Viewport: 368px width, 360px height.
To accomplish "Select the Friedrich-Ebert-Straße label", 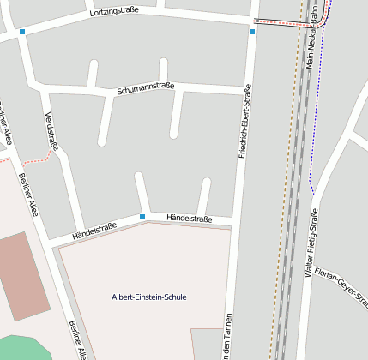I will (244, 121).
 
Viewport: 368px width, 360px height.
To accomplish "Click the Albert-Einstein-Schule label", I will (148, 297).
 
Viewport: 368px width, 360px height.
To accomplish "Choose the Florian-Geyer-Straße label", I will (341, 286).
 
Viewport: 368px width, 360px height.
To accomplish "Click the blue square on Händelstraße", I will (142, 217).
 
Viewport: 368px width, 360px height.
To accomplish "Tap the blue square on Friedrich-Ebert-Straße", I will (252, 32).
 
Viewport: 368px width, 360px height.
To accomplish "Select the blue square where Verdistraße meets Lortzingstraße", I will (22, 32).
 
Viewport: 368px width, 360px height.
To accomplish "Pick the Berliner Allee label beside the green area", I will (77, 339).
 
